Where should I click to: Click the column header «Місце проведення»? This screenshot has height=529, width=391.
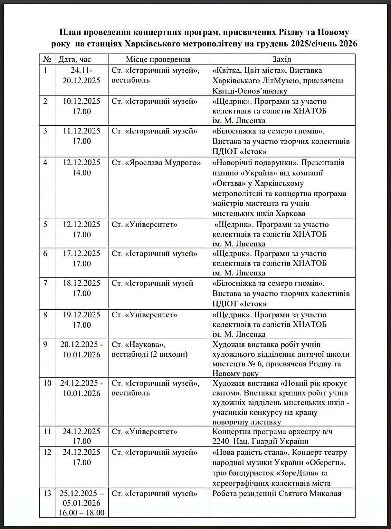[x=158, y=59]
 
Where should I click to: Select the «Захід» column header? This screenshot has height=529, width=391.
[x=281, y=59]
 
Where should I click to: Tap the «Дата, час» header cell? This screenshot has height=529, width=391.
[x=75, y=59]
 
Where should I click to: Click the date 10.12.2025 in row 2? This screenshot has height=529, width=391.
[x=81, y=101]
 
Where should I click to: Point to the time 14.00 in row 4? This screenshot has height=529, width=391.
[x=81, y=173]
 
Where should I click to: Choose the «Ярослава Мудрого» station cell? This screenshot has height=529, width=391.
[x=156, y=163]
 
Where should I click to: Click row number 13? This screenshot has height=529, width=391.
[x=47, y=494]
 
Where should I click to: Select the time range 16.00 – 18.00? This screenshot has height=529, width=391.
[x=81, y=513]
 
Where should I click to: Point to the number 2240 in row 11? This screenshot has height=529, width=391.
[x=221, y=441]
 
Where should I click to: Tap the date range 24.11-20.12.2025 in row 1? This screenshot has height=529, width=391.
[x=81, y=75]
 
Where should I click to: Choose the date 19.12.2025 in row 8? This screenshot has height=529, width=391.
[x=81, y=315]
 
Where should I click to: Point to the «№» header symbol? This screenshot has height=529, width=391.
[x=47, y=59]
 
